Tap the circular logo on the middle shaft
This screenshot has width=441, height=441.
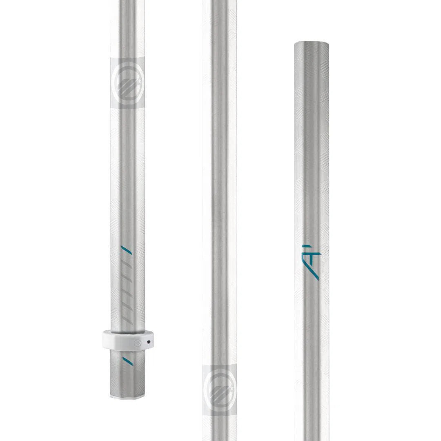point(220,390)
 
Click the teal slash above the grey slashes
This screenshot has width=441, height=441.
point(127,250)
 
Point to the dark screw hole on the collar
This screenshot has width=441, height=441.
point(149,342)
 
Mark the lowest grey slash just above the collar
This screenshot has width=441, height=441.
point(127,318)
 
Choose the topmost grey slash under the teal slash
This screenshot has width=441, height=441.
point(127,264)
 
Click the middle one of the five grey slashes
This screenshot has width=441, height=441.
point(127,291)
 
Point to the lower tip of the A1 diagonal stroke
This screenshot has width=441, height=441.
point(318,279)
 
